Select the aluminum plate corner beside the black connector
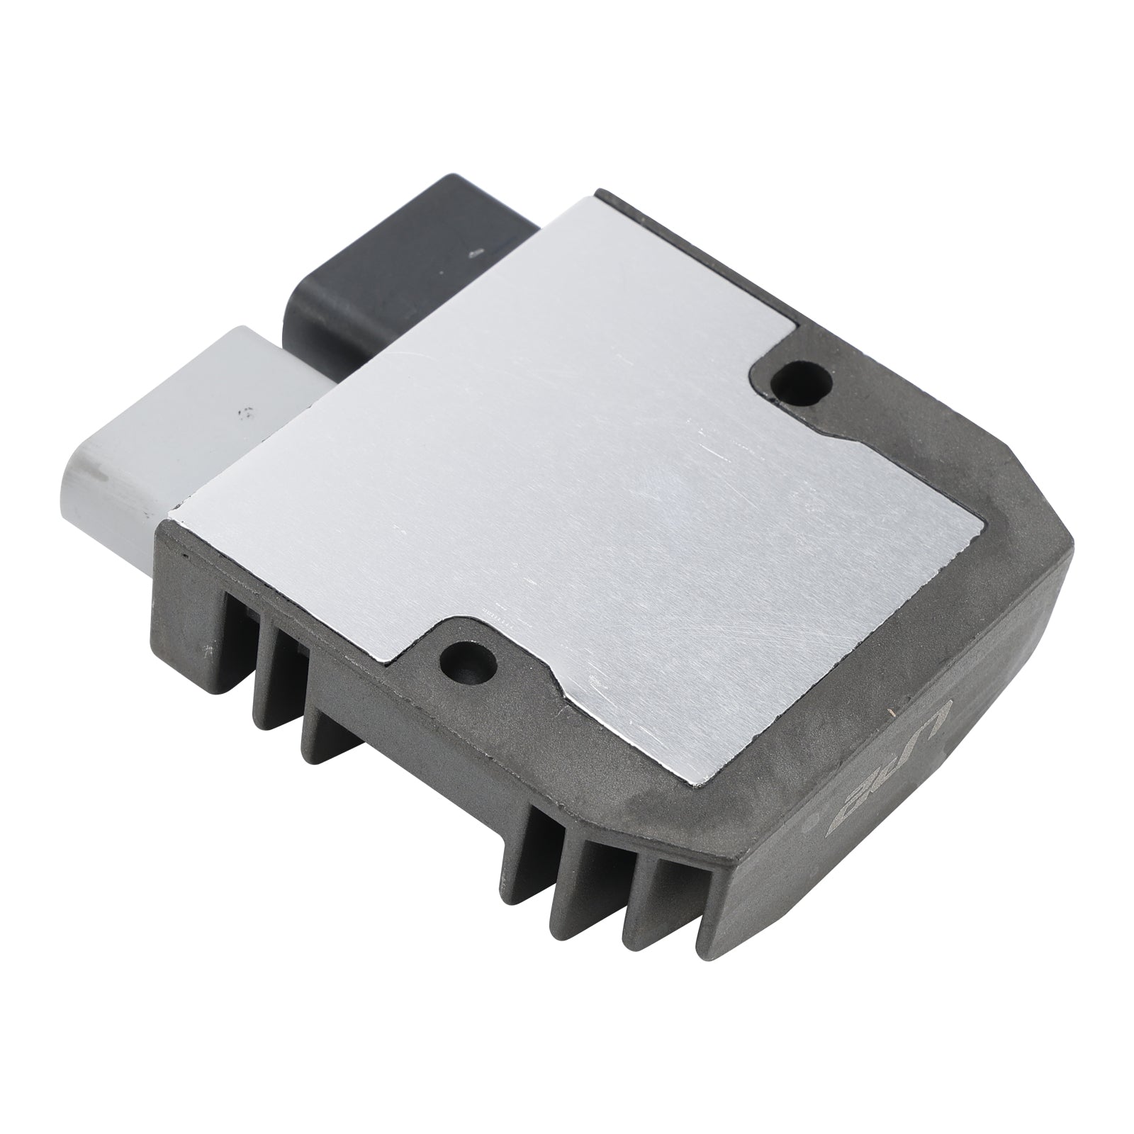[592, 197]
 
